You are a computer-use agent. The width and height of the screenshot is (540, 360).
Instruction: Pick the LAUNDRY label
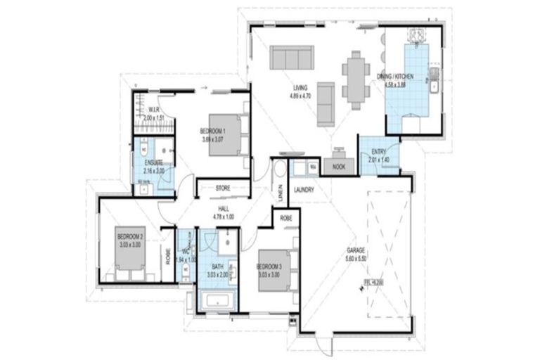tap(304, 190)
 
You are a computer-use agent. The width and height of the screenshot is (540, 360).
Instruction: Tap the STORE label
tap(223, 188)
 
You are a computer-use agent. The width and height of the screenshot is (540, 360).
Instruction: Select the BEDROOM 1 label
tap(212, 131)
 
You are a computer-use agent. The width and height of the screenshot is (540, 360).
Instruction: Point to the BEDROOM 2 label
tap(130, 237)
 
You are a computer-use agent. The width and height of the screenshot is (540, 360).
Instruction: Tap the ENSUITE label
tap(153, 162)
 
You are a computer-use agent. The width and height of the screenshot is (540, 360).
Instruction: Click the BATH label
tap(217, 266)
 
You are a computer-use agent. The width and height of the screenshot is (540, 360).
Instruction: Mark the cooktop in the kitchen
tap(416, 35)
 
